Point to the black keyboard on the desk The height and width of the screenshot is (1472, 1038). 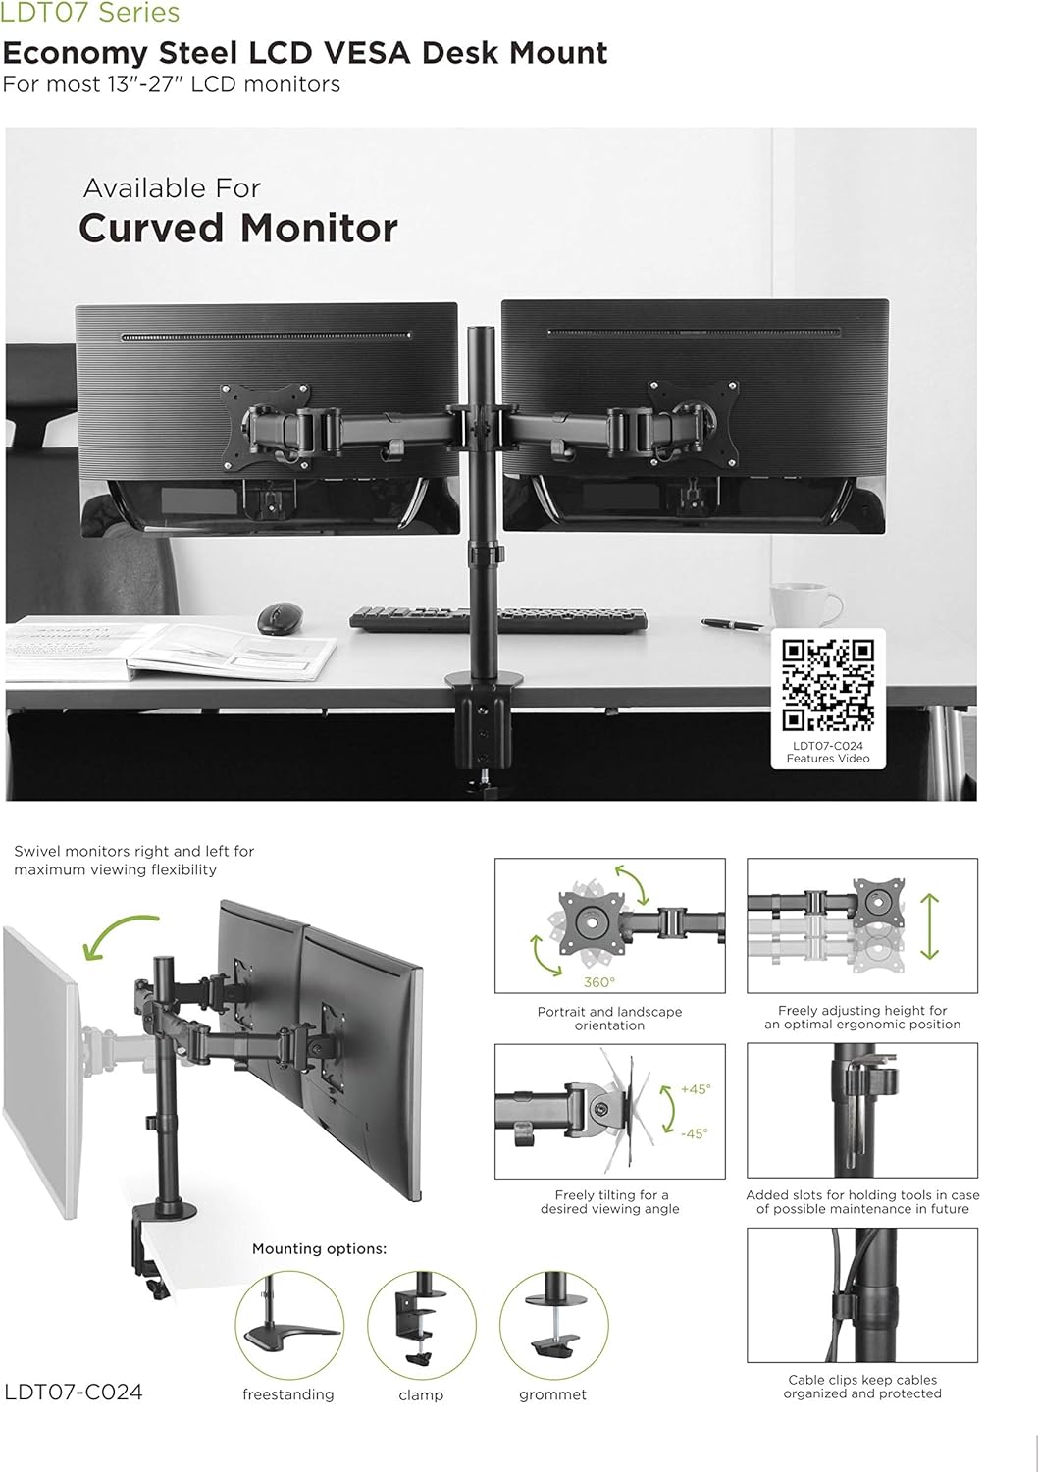[x=497, y=619]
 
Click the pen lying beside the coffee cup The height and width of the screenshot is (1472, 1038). [x=732, y=623]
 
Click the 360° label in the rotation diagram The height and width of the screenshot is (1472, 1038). [x=599, y=981]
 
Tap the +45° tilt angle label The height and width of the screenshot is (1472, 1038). [x=696, y=1089]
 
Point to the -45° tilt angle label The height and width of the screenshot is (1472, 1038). [x=695, y=1133]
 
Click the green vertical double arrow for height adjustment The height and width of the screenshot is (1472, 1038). [x=930, y=926]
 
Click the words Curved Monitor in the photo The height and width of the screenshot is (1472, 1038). [x=238, y=228]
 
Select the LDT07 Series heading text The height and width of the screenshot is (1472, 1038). [x=90, y=13]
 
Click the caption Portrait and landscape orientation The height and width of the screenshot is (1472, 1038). [x=609, y=1018]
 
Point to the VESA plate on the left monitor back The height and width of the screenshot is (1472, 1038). [x=266, y=427]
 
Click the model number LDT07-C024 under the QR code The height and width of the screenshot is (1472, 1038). [x=828, y=746]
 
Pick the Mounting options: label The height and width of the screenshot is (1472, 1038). [x=320, y=1248]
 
